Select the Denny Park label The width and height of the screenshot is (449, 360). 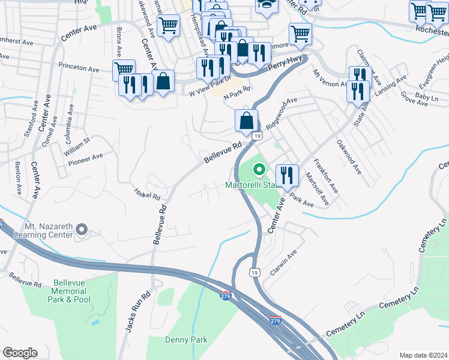point(186,340)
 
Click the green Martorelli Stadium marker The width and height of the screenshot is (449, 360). point(259,171)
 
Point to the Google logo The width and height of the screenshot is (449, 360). point(20,353)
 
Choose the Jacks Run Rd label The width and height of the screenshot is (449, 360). point(130,312)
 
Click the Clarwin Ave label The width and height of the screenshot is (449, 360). point(283,262)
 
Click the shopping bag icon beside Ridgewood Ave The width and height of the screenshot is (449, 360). point(246,121)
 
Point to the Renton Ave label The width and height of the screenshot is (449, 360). point(19,179)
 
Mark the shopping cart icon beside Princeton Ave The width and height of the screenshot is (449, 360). point(124,69)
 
